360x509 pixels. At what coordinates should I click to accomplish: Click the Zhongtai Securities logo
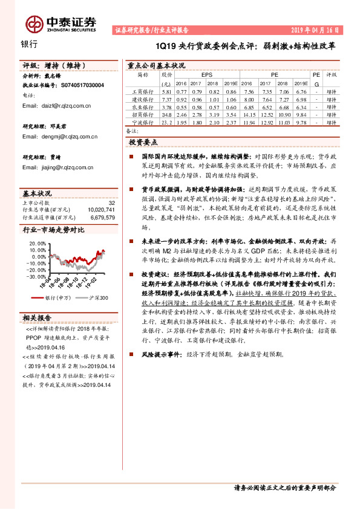[x=60, y=24]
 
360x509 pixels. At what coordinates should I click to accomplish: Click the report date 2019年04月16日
[x=315, y=29]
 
